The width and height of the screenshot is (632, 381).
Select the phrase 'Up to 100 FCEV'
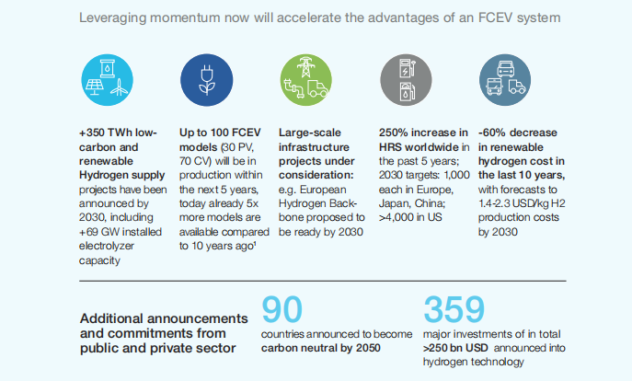point(220,133)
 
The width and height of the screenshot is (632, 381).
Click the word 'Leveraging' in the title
point(114,18)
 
